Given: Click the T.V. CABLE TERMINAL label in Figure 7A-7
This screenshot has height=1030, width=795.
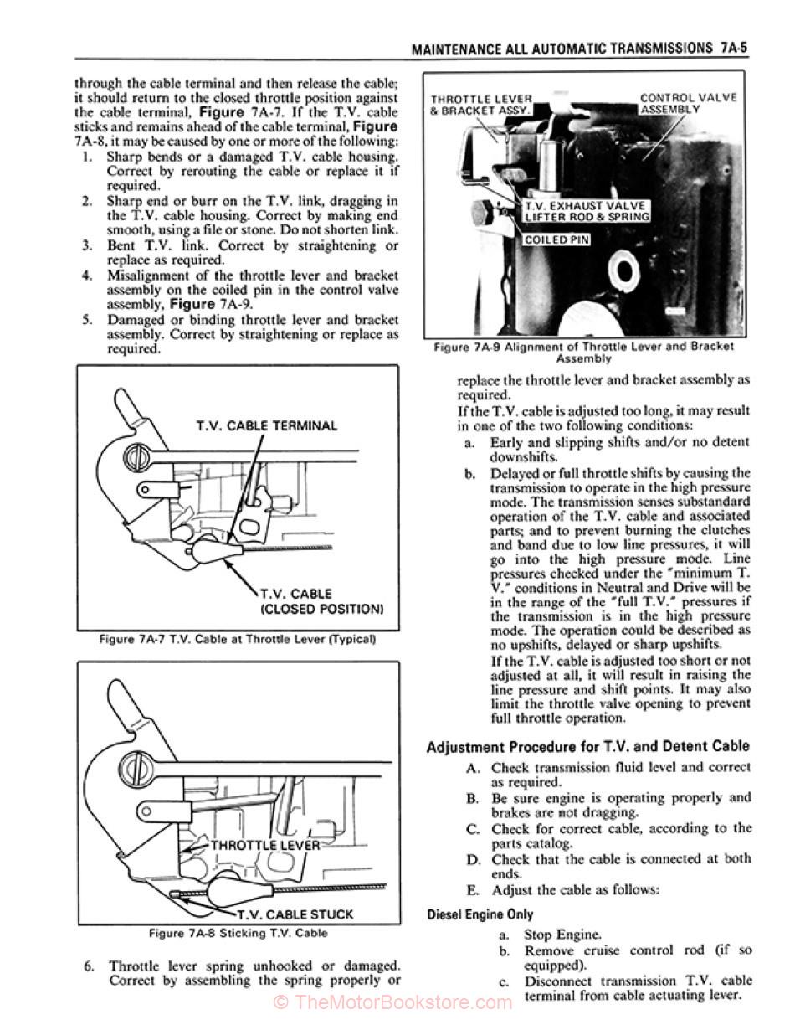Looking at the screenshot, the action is (x=267, y=425).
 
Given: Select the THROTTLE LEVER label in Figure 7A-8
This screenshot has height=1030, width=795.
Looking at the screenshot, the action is (x=264, y=845).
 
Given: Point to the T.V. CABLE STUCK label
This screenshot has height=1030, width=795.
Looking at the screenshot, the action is (x=295, y=914).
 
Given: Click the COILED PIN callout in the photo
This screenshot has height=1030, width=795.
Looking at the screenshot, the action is (x=557, y=239).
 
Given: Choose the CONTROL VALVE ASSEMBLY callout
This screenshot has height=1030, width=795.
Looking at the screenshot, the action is (x=688, y=103).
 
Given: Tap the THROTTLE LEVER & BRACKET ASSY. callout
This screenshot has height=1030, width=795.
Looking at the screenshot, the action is (x=481, y=105).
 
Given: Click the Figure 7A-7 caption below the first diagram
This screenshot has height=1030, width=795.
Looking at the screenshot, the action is (x=237, y=640).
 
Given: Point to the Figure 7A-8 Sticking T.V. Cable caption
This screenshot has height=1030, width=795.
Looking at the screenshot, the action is (x=238, y=933).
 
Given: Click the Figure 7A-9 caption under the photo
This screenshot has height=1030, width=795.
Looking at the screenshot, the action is (x=584, y=352).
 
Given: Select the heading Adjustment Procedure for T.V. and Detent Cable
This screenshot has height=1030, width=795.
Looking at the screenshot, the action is (x=587, y=746).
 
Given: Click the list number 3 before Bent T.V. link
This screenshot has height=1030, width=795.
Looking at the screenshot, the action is (x=86, y=246).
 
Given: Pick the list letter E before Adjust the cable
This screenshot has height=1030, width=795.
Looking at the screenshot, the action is (x=474, y=890).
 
